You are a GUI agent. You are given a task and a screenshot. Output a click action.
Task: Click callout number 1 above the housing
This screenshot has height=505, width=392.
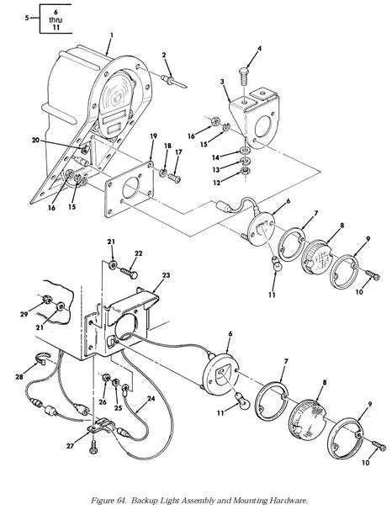click(x=111, y=35)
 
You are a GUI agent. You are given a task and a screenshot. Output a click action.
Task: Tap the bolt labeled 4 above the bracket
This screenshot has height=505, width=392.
click(x=245, y=76)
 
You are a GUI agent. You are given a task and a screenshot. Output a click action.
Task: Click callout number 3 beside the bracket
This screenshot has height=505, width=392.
click(x=222, y=82)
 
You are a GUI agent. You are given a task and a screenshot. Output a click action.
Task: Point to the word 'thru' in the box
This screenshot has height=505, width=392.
click(x=56, y=19)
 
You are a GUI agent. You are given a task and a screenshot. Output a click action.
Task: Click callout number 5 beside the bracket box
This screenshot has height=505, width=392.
click(x=28, y=18)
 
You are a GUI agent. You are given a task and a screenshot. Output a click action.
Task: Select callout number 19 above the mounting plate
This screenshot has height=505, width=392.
click(x=153, y=136)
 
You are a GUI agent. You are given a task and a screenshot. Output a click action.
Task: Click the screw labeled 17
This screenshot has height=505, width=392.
click(x=174, y=177)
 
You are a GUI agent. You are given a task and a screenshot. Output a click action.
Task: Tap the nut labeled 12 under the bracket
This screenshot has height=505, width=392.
click(x=246, y=171)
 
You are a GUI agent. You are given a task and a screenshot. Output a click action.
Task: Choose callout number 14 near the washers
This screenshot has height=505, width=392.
click(x=215, y=157)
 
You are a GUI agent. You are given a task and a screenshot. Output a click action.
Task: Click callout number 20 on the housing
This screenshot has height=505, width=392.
click(x=35, y=140)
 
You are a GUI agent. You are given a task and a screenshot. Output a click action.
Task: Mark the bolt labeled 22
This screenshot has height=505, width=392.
click(x=130, y=274)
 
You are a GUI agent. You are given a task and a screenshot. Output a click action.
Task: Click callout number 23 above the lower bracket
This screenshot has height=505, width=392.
click(x=166, y=275)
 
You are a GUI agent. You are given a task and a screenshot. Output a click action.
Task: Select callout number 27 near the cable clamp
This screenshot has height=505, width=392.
click(x=70, y=446)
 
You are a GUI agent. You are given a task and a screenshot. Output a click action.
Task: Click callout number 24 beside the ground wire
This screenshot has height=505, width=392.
click(x=151, y=399)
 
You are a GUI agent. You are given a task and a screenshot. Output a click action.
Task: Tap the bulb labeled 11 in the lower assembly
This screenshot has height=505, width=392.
click(x=241, y=399)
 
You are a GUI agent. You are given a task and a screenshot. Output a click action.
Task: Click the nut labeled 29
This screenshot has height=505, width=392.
click(x=47, y=300)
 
